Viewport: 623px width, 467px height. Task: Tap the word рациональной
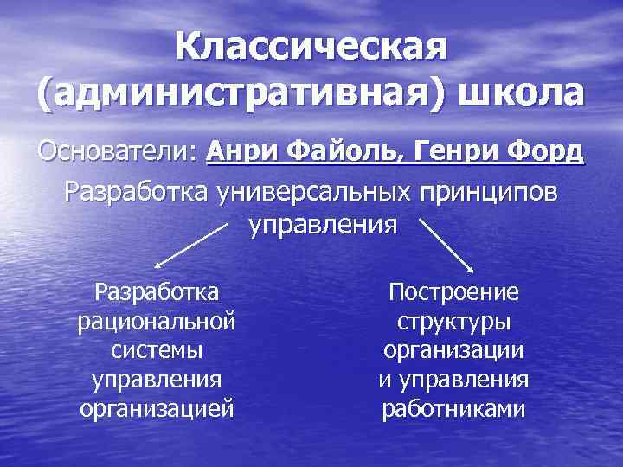(157, 322)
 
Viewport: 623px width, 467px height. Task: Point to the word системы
(157, 351)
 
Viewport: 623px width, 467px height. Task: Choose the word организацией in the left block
(157, 408)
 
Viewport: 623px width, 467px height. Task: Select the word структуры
(454, 322)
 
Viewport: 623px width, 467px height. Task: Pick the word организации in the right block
(454, 351)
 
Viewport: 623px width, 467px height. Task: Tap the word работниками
(454, 408)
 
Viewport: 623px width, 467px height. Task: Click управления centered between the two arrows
(324, 226)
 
